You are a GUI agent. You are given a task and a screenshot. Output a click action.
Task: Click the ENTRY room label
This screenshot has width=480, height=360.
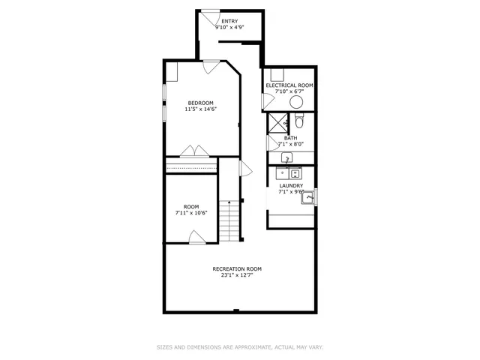pyautogui.click(x=229, y=21)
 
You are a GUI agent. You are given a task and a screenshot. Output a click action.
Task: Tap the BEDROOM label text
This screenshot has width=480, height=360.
pyautogui.click(x=200, y=103)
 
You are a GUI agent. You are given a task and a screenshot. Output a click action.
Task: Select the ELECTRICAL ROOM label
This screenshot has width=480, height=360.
pyautogui.click(x=289, y=85)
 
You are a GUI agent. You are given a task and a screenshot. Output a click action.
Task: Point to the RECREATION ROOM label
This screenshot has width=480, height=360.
pyautogui.click(x=237, y=268)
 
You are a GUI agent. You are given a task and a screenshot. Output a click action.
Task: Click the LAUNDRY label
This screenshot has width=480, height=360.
pyautogui.click(x=291, y=185)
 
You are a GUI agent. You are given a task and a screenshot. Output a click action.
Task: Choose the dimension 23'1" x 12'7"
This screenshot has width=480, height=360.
pyautogui.click(x=237, y=275)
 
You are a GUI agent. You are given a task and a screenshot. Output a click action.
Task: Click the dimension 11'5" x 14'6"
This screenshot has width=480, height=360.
pyautogui.click(x=200, y=109)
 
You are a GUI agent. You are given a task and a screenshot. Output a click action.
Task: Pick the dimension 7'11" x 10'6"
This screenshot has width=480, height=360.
pyautogui.click(x=191, y=213)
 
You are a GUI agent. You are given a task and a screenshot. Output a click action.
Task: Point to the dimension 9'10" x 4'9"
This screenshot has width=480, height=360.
pyautogui.click(x=229, y=28)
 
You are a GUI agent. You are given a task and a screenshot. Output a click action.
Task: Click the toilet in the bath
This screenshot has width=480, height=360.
pyautogui.click(x=298, y=121)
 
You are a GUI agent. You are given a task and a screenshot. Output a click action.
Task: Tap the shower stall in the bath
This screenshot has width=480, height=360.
pyautogui.click(x=278, y=122)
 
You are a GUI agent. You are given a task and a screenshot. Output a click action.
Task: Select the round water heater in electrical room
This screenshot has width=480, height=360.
pyautogui.click(x=297, y=103)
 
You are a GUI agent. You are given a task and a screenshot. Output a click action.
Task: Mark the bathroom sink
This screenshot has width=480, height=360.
pyautogui.click(x=286, y=158)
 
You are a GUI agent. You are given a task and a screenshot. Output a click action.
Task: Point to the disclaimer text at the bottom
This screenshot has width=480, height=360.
pyautogui.click(x=239, y=347)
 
